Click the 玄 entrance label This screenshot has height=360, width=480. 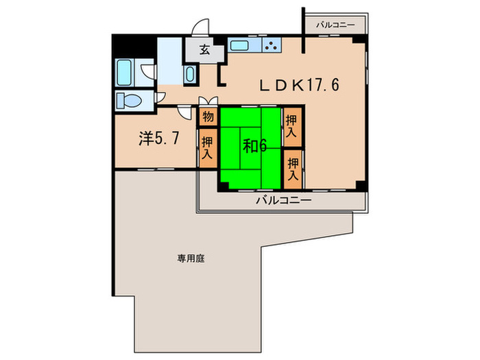pyautogui.click(x=204, y=50)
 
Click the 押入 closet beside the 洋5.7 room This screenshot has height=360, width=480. pyautogui.click(x=207, y=147)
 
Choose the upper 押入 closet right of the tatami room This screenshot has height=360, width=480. pyautogui.click(x=292, y=128)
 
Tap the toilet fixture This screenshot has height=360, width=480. pyautogui.click(x=130, y=101)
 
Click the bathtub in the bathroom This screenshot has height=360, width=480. pyautogui.click(x=128, y=71)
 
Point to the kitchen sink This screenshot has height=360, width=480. pyautogui.click(x=241, y=46)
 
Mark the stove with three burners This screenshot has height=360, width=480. pyautogui.click(x=269, y=46)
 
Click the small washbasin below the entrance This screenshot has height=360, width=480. pyautogui.click(x=191, y=75)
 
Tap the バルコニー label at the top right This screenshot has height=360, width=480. pyautogui.click(x=335, y=25)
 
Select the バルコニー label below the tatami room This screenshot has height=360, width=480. pyautogui.click(x=284, y=201)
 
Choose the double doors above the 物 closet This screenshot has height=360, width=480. pyautogui.click(x=207, y=103)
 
